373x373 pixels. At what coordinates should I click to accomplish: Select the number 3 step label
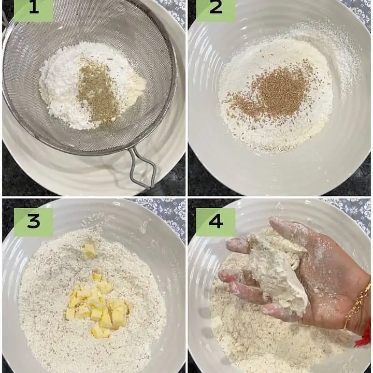coord(34,222)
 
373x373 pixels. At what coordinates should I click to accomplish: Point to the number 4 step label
coord(216,222)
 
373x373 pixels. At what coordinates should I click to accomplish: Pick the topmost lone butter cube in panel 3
coord(90,250)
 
